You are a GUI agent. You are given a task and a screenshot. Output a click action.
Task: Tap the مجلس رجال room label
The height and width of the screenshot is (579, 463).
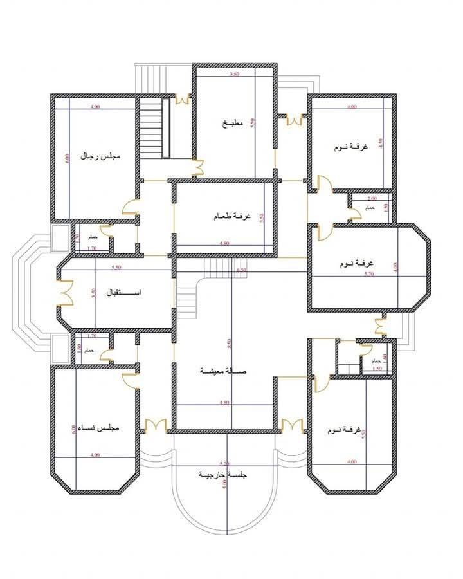point(101,156)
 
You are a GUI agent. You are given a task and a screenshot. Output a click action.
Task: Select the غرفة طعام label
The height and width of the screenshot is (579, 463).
point(223,217)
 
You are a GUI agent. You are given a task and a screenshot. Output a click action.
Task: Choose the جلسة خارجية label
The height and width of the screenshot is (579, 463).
point(223,475)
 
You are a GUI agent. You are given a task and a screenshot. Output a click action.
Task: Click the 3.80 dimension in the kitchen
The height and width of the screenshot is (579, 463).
point(234,75)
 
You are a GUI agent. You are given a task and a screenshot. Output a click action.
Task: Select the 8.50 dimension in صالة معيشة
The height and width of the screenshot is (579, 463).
point(229,343)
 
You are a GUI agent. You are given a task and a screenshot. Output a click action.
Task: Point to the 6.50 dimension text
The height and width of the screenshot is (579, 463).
point(241,270)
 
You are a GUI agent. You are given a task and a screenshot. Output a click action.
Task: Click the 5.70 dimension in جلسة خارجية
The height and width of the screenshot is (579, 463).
point(224,463)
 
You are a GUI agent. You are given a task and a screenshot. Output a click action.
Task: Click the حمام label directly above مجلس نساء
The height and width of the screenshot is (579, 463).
point(89,349)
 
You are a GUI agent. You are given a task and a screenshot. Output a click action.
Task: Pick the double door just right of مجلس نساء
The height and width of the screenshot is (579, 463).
point(156,425)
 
